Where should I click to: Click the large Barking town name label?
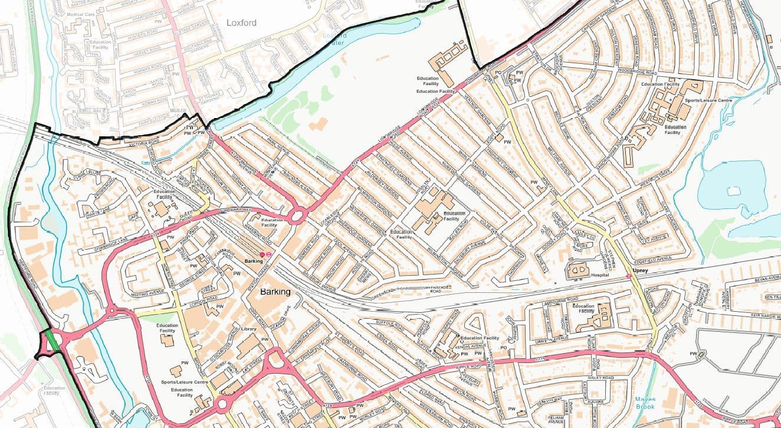(275, 292)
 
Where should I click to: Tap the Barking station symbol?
(262, 254)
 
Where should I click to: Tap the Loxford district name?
(241, 24)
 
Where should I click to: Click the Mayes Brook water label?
(645, 403)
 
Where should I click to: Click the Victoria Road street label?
(139, 142)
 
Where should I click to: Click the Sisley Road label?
(600, 377)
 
